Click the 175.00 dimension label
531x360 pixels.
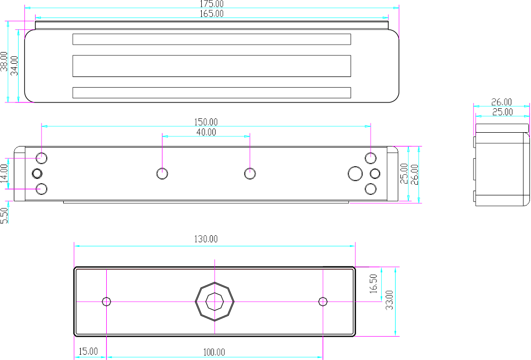pos(211,4)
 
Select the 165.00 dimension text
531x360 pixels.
pos(211,13)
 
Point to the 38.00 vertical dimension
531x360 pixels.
pos(4,62)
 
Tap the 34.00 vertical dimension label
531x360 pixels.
pos(15,65)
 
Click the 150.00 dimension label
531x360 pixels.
pos(205,122)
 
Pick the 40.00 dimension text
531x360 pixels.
pos(205,132)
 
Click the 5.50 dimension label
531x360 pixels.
pos(4,215)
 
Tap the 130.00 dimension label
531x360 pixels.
pos(205,239)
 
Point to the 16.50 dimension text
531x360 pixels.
pos(373,284)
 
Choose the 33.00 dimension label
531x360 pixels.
pos(389,300)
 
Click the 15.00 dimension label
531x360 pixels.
pos(88,351)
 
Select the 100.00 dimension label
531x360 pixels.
pos(214,352)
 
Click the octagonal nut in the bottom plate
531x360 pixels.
pos(214,302)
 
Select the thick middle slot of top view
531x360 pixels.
pos(211,66)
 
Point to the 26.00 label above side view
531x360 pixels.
pos(501,102)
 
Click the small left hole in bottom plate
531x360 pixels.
pos(107,302)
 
